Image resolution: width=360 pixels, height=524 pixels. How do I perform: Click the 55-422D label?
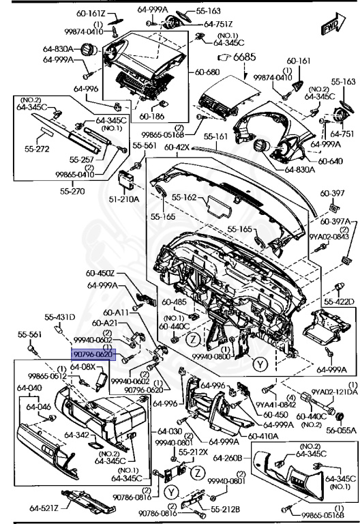[x=339, y=301]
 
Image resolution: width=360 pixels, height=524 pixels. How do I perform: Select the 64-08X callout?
[x=83, y=366]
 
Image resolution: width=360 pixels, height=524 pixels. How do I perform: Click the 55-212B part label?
[x=225, y=508]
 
